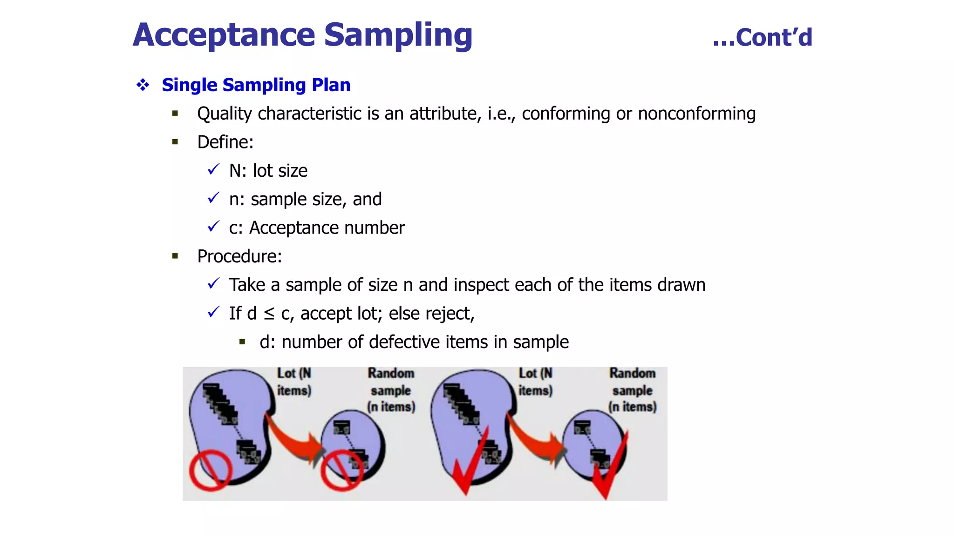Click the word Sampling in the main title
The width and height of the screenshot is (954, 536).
(398, 35)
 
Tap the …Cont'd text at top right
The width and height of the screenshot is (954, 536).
(762, 38)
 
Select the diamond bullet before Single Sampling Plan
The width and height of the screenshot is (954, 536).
(143, 85)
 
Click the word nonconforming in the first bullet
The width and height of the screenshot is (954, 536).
(696, 114)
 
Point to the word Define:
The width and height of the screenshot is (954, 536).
(225, 142)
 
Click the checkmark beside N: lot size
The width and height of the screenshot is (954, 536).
(213, 169)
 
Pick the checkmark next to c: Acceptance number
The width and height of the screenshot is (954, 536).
(213, 227)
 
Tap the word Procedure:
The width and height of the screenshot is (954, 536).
(239, 256)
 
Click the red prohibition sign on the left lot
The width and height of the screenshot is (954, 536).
(211, 470)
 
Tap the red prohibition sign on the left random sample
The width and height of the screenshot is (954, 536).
(341, 470)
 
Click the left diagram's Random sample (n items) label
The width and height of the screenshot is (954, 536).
(391, 390)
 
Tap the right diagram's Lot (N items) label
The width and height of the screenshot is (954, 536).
(535, 382)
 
